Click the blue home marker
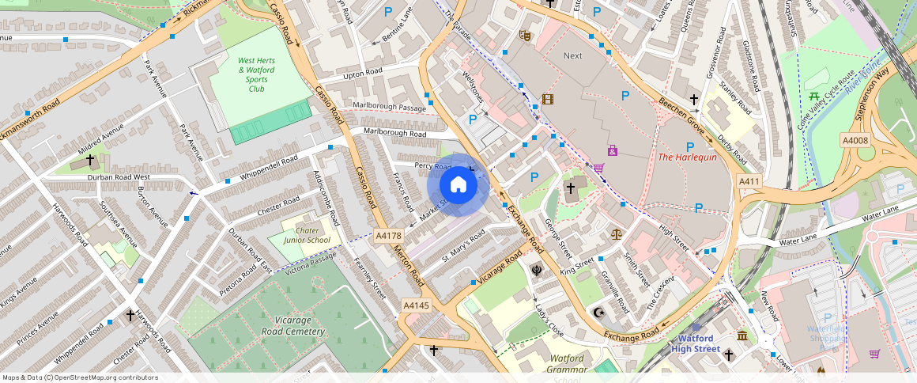pyautogui.click(x=458, y=185)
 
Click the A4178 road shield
pyautogui.click(x=389, y=236)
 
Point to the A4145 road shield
pyautogui.click(x=416, y=305)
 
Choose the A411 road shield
pyautogui.click(x=749, y=182)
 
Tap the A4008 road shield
pyautogui.click(x=856, y=141)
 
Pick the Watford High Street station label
pyautogui.click(x=696, y=343)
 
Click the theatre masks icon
pyautogui.click(x=523, y=35)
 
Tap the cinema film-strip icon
pyautogui.click(x=547, y=100)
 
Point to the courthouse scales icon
pyautogui.click(x=616, y=235)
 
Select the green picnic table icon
pyautogui.click(x=813, y=97)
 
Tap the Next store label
pyautogui.click(x=572, y=55)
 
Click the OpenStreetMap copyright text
pyautogui.click(x=80, y=377)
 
